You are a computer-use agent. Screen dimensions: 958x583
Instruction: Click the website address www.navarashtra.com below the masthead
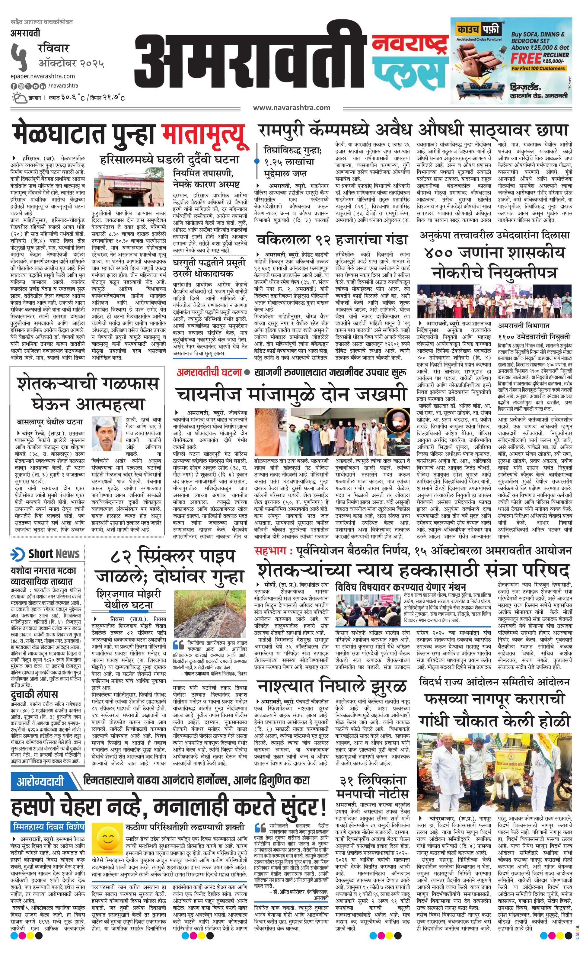[x=291, y=108]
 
